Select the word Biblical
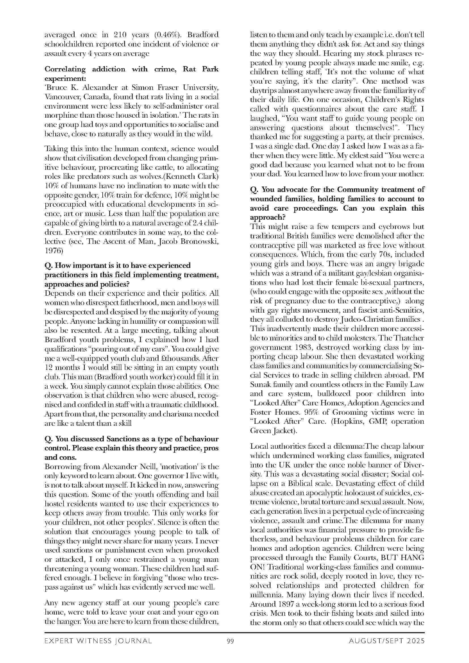pyautogui.click(x=297, y=483)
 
